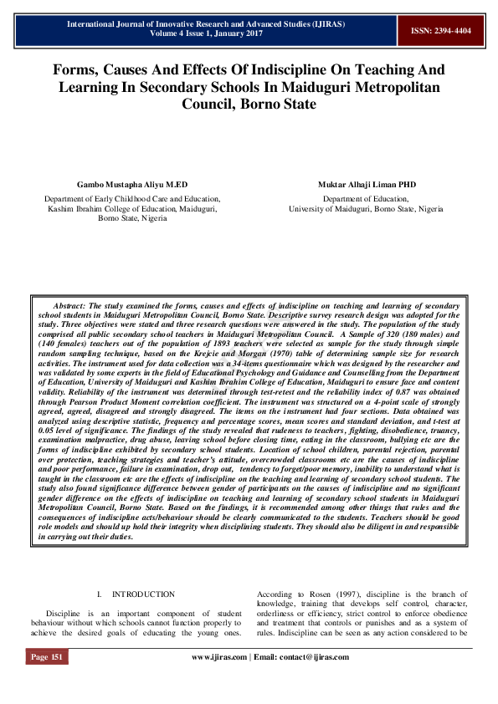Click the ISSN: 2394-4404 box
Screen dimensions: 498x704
440,30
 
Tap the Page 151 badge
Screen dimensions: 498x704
46,656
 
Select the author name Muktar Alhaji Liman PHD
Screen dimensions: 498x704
366,184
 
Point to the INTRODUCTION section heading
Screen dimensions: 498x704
143,594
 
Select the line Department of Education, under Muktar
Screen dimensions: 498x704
366,199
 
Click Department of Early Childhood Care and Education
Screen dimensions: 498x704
131,199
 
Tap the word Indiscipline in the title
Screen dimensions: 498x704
275,70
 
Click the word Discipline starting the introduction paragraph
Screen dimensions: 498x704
64,613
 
